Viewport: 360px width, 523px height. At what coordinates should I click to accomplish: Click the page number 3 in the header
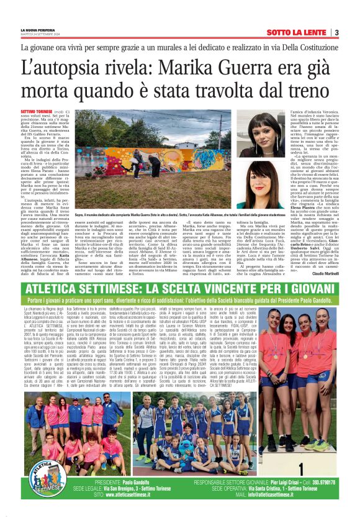(x=336, y=32)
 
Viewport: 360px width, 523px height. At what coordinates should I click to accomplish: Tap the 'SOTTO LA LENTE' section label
(x=297, y=32)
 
